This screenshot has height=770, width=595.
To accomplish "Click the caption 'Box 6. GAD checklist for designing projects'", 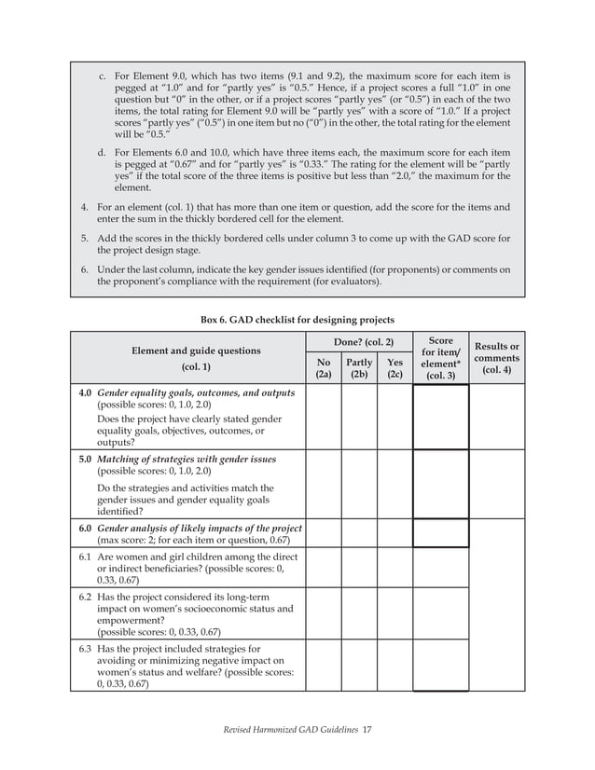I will tap(297, 320).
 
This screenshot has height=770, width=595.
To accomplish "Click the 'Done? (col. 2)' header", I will tap(359, 343).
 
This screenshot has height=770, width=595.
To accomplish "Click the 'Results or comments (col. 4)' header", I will tap(497, 359).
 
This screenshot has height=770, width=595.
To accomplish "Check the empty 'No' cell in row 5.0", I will tap(323, 486).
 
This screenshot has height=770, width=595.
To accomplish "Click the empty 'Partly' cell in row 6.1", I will tap(359, 568).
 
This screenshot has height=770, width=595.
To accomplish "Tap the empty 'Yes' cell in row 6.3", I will tap(394, 665).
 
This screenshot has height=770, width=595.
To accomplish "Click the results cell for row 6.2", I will tap(497, 614).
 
